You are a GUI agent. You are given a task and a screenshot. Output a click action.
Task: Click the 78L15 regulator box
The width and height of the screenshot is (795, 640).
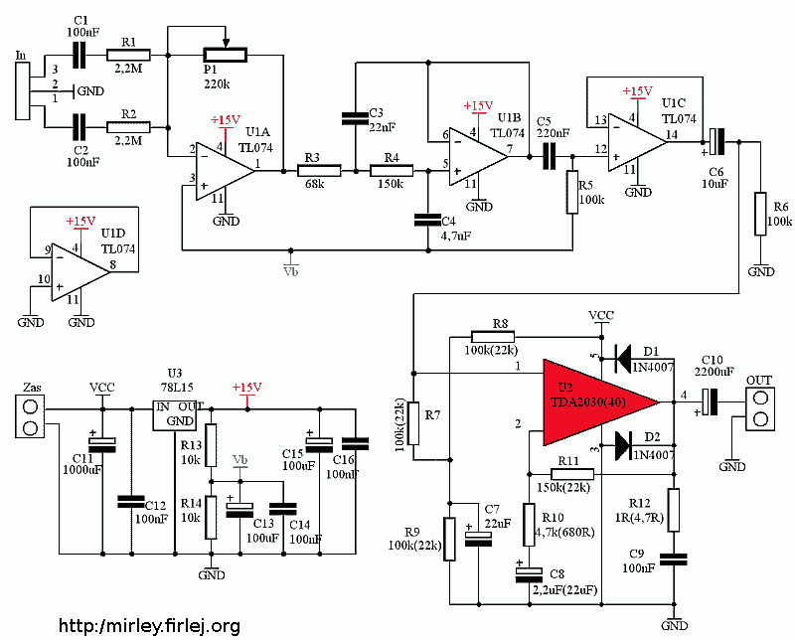[x=177, y=414]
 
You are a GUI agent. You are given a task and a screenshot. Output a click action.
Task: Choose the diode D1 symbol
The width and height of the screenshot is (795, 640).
[x=624, y=355]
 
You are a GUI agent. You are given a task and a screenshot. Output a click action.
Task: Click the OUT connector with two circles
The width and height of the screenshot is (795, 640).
[x=759, y=403]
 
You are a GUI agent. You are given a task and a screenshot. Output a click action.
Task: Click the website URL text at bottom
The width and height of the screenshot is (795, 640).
[x=149, y=626]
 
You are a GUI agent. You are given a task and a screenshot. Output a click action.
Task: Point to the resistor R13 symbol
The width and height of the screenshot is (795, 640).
[x=211, y=445]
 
